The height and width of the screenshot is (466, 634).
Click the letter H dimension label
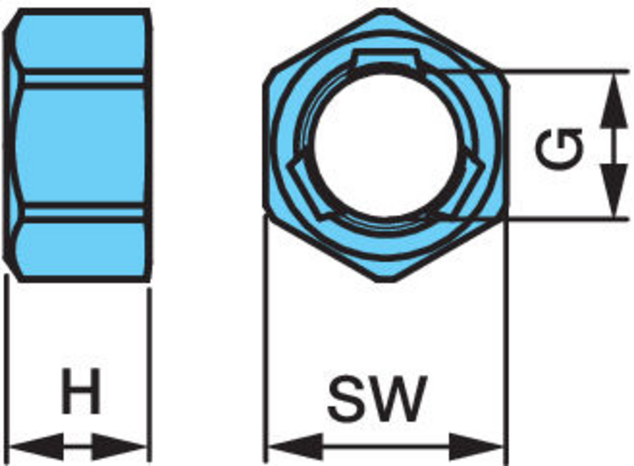81,391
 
